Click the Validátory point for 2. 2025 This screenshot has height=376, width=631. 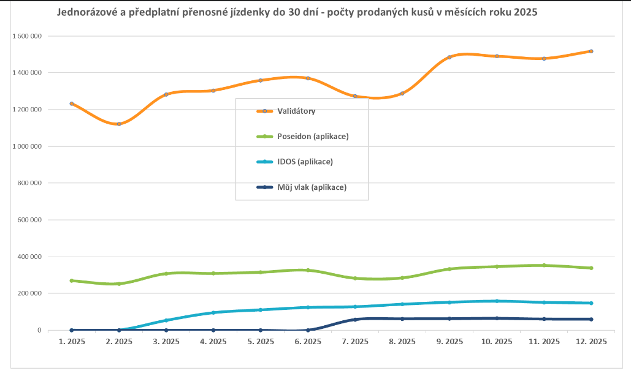119,124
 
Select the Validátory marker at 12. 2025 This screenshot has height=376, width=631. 591,51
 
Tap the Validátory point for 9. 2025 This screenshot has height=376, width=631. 449,57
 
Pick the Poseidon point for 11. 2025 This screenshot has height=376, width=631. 544,265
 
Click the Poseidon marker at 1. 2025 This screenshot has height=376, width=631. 72,280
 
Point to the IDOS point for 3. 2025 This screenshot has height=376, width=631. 166,320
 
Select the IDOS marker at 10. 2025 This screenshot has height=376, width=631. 497,301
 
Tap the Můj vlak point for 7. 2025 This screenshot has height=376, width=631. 355,320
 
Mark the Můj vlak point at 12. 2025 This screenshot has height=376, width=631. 591,319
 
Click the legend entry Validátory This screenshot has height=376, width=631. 296,111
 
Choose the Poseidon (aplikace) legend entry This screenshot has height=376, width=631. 313,136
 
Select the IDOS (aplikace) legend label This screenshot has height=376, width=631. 305,162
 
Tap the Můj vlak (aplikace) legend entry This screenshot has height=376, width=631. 312,187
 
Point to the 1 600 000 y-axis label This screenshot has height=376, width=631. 27,36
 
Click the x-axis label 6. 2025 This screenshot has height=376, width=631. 308,341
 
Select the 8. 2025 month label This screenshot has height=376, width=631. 402,341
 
